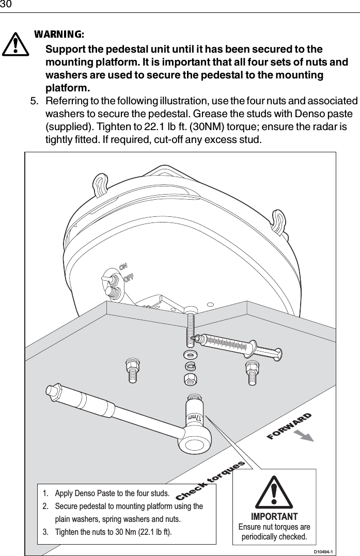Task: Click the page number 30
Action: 6,5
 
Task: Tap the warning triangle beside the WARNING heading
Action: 17,44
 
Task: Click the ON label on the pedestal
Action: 124,267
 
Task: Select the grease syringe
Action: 235,344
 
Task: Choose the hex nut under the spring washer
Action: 190,379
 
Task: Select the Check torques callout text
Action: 210,481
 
